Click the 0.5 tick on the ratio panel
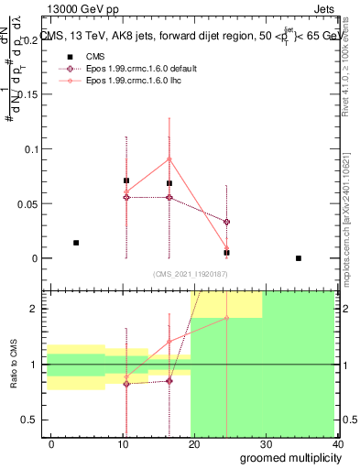[x=33, y=420]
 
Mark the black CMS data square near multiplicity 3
[x=76, y=243]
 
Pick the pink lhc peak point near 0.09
[x=169, y=158]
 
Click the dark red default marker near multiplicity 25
[x=226, y=222]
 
